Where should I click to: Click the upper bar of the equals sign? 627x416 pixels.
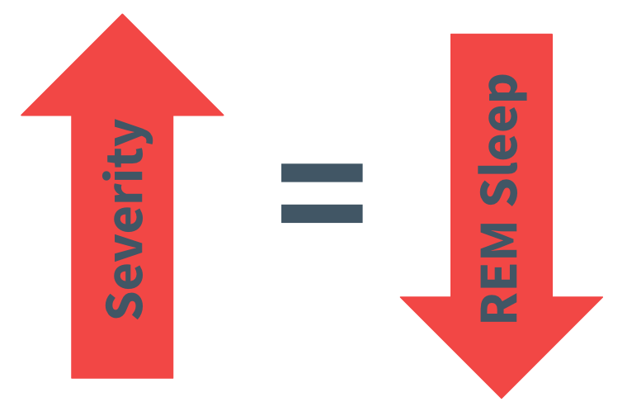[x=322, y=173]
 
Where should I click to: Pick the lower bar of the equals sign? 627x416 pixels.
[x=322, y=213]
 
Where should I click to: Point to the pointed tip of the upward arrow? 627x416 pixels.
[x=123, y=17]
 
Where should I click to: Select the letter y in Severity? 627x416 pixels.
[x=130, y=135]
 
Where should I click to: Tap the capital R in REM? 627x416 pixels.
[x=500, y=308]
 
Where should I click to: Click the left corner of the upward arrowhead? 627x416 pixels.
[x=23, y=114]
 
